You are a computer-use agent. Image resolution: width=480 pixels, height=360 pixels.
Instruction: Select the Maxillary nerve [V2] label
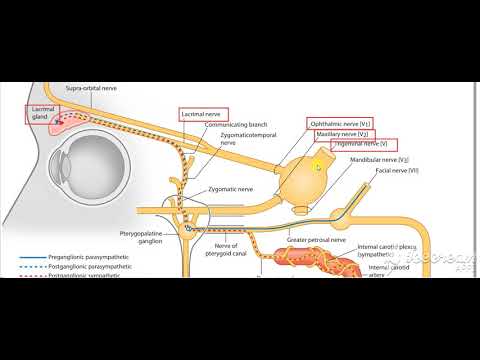[x=341, y=134]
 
